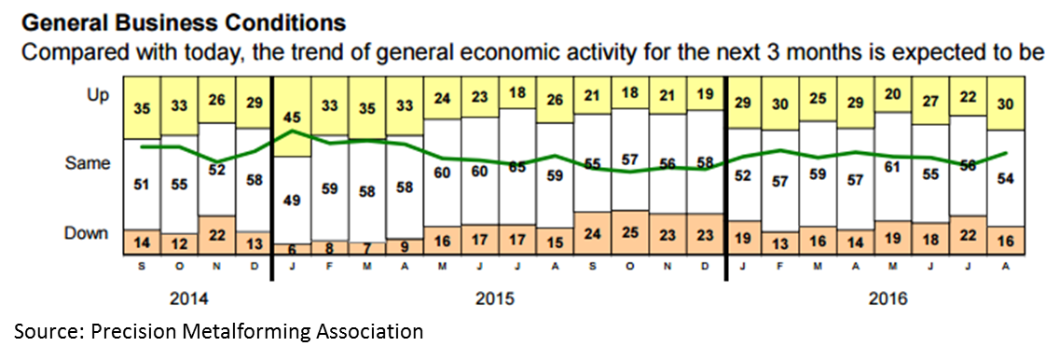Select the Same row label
coord(89,164)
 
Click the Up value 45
coord(293,118)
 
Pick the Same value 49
coord(293,199)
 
